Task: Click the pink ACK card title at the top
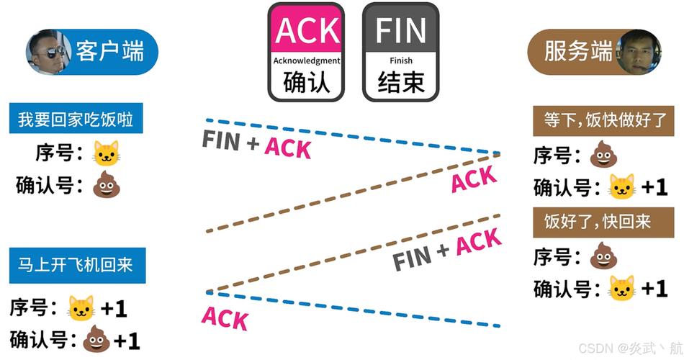click(307, 30)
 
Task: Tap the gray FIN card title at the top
click(400, 30)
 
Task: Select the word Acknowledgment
click(307, 61)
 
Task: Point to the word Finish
click(401, 61)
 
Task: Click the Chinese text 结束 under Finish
click(401, 83)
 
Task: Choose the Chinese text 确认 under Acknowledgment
click(307, 83)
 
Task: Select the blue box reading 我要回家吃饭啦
click(76, 120)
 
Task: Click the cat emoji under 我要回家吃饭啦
click(106, 153)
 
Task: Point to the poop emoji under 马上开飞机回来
click(96, 339)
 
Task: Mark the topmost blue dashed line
click(353, 136)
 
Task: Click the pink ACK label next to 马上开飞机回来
click(225, 318)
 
